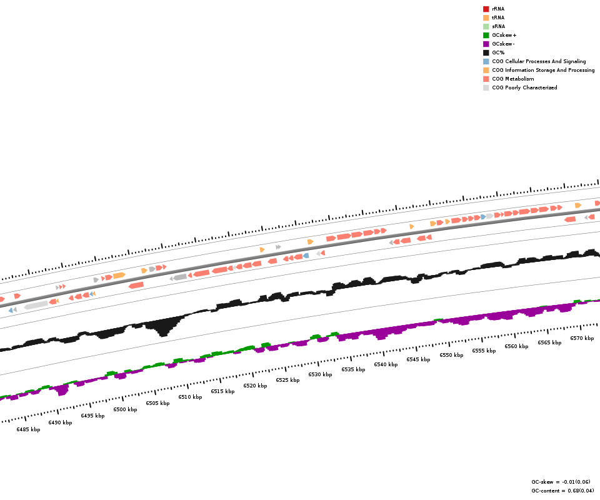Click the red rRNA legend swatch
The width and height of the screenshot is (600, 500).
tap(486, 9)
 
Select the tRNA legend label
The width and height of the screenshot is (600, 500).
tap(498, 17)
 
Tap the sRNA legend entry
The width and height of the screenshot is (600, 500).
tap(498, 26)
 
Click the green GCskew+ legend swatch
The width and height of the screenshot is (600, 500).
tap(486, 35)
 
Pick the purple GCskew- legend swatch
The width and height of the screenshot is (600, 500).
tap(486, 44)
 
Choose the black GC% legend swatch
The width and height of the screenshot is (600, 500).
tap(486, 52)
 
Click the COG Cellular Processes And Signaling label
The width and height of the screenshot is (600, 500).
tap(539, 61)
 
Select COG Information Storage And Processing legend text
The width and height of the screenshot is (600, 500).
tap(543, 70)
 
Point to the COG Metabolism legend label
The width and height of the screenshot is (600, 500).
tap(512, 79)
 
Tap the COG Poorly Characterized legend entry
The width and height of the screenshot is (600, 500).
tap(524, 87)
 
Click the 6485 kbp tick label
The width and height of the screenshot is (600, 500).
tap(28, 429)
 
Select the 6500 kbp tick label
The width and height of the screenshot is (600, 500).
tap(125, 409)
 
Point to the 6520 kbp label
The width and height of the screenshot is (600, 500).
tap(255, 386)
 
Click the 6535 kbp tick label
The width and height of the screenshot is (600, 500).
tap(353, 369)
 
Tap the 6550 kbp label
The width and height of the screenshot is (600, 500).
tap(451, 355)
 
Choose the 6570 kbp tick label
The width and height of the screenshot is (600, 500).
tap(582, 338)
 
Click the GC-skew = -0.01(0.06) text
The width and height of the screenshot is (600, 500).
tap(561, 482)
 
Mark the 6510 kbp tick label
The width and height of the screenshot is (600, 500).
tap(190, 397)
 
